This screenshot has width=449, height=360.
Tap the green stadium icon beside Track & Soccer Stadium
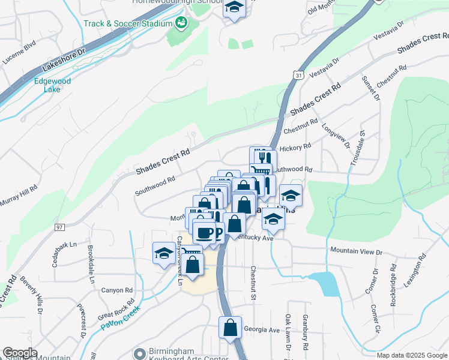pos(181,23)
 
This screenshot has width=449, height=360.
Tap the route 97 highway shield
pos(59,227)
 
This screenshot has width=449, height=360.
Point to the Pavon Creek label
pos(120,318)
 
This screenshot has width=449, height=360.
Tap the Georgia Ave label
pos(262,330)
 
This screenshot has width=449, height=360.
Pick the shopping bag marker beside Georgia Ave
pos(231,328)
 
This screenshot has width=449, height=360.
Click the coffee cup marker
pos(205,232)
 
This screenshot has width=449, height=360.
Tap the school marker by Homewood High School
pos(234,8)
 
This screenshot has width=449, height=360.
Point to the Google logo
pos(20,353)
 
